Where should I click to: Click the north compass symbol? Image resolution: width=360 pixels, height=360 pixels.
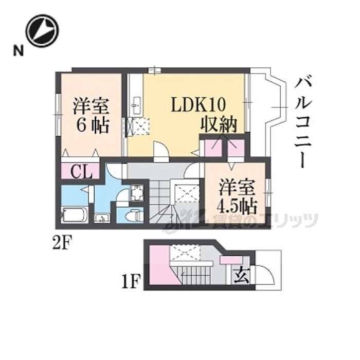[43, 30]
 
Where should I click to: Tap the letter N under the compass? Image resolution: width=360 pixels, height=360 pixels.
[19, 50]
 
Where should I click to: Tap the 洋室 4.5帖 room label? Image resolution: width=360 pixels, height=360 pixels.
[237, 195]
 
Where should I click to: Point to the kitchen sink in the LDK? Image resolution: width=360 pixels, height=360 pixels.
[136, 105]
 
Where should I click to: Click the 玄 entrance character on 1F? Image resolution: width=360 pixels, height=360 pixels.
[242, 276]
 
